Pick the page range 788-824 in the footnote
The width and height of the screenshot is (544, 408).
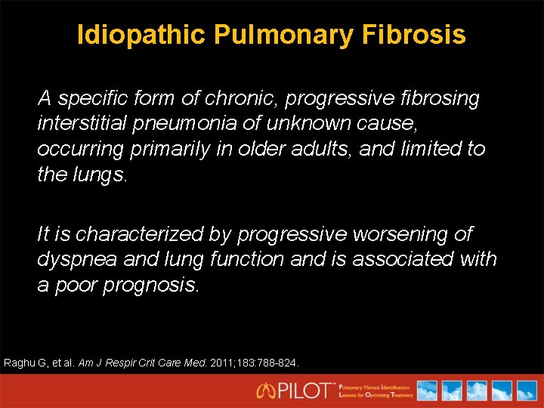[x=275, y=363]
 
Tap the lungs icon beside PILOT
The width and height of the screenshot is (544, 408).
[x=267, y=391]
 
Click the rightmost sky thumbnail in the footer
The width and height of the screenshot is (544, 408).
[x=524, y=391]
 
